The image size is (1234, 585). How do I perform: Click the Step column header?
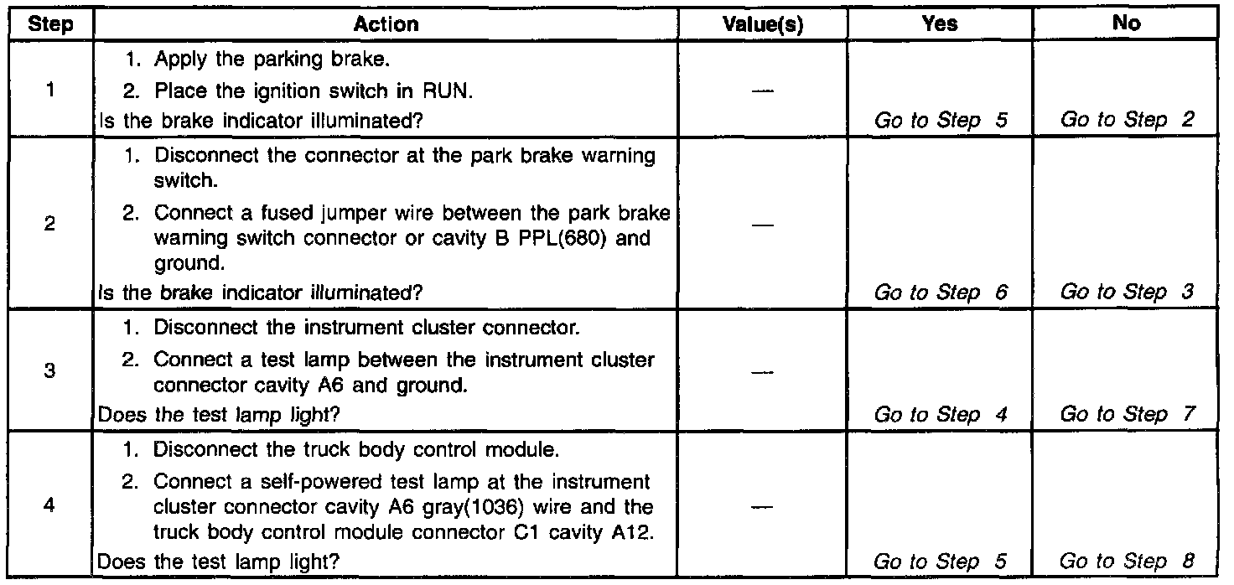coord(49,24)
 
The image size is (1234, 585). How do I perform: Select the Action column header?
coord(386,24)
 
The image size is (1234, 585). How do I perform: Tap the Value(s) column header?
coord(762,24)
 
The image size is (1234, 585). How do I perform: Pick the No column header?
coord(1128,24)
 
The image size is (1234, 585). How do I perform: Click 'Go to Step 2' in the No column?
coord(1125,120)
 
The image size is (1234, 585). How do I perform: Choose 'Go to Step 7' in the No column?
coord(1125,415)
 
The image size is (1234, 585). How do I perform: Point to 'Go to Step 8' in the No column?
coord(1125,561)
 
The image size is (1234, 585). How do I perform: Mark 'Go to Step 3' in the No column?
coord(1125,292)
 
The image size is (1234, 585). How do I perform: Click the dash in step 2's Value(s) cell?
coord(761,225)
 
